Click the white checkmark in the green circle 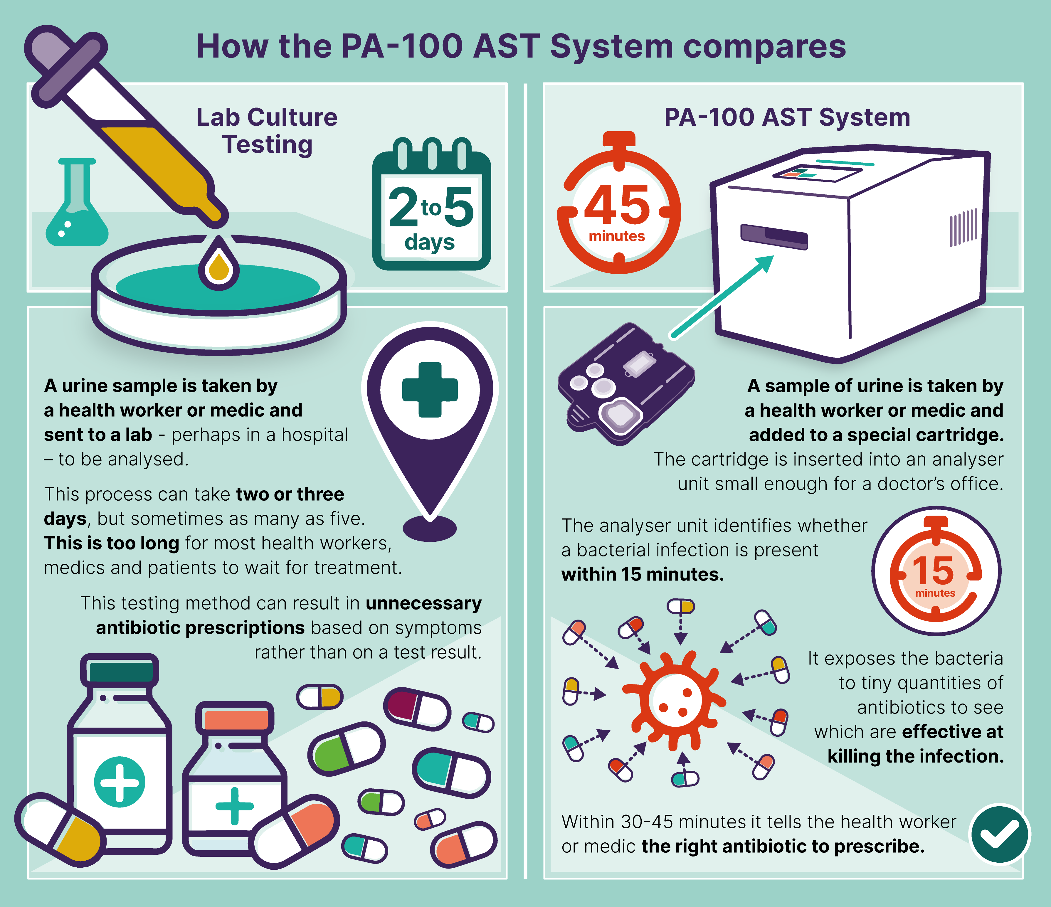(x=999, y=834)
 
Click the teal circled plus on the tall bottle (x=120, y=782)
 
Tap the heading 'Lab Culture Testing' (x=267, y=131)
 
